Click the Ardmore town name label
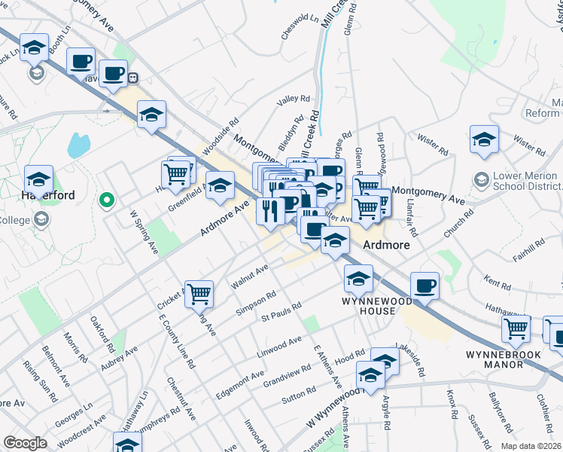coord(386,246)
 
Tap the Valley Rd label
coord(294,99)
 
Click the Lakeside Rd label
coord(409,362)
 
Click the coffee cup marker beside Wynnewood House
coord(425,285)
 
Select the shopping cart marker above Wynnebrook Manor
coord(516,327)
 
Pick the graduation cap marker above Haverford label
coord(38,179)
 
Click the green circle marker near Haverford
coord(107,200)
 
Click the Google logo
coord(25,443)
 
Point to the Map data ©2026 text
coord(530,446)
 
